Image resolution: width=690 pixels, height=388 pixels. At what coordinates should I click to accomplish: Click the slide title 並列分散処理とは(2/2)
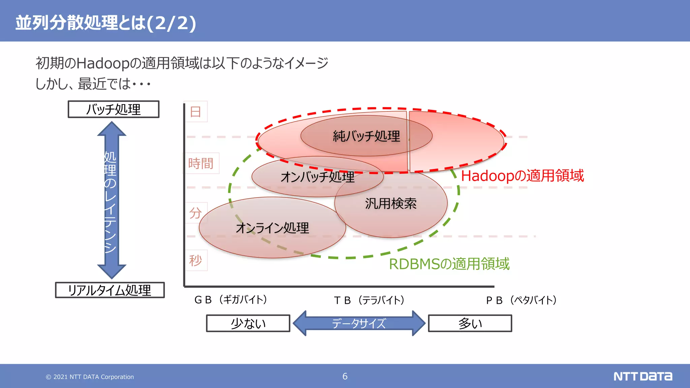pyautogui.click(x=105, y=23)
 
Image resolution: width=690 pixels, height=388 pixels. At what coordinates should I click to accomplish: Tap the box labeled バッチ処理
pyautogui.click(x=114, y=109)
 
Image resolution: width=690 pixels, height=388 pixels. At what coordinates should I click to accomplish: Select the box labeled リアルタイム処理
pyautogui.click(x=110, y=290)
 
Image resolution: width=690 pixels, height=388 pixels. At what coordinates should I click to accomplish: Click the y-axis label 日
pyautogui.click(x=196, y=111)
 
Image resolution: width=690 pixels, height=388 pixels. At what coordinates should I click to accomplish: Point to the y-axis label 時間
pyautogui.click(x=201, y=163)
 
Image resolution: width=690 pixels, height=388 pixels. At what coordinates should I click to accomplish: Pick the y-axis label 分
pyautogui.click(x=195, y=213)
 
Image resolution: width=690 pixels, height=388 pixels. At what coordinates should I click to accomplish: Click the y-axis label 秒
pyautogui.click(x=196, y=260)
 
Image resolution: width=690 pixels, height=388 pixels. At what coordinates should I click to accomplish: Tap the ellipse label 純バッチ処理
pyautogui.click(x=366, y=136)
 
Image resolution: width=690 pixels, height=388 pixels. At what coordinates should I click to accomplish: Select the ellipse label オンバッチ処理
pyautogui.click(x=317, y=177)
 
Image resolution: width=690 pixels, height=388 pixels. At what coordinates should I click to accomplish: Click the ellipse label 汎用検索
pyautogui.click(x=391, y=203)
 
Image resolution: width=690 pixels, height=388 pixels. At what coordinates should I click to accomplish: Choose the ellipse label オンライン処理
pyautogui.click(x=272, y=228)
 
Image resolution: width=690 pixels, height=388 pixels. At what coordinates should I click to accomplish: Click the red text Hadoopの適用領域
pyautogui.click(x=522, y=176)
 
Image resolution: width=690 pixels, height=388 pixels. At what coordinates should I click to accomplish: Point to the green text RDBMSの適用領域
pyautogui.click(x=449, y=264)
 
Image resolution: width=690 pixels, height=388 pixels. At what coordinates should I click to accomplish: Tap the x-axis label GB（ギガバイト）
pyautogui.click(x=231, y=299)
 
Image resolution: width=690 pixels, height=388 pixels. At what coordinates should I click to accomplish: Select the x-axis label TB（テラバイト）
pyautogui.click(x=369, y=300)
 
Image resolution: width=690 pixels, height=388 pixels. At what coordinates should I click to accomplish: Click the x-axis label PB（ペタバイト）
pyautogui.click(x=522, y=300)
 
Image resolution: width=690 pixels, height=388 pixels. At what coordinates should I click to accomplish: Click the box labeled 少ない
pyautogui.click(x=248, y=323)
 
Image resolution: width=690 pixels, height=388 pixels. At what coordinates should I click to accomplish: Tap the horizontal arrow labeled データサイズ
pyautogui.click(x=359, y=323)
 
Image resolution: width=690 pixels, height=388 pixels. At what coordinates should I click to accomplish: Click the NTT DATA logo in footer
pyautogui.click(x=642, y=376)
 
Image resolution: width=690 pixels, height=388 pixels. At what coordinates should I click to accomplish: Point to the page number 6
pyautogui.click(x=345, y=376)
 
